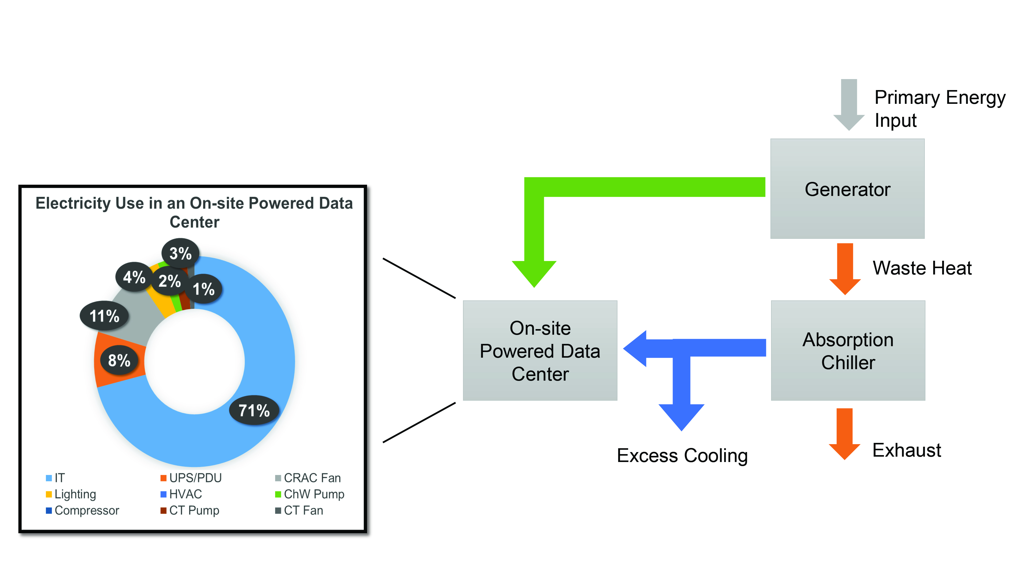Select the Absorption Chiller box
[x=848, y=350]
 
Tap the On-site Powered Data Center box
[x=540, y=350]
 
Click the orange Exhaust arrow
[x=844, y=433]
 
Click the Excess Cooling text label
[x=682, y=456]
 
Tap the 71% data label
[x=254, y=410]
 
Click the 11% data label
[x=104, y=316]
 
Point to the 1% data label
[x=204, y=289]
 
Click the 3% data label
[x=180, y=253]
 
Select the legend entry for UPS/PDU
[x=191, y=478]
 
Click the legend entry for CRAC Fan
[x=308, y=478]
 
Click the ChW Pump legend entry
[x=310, y=494]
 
